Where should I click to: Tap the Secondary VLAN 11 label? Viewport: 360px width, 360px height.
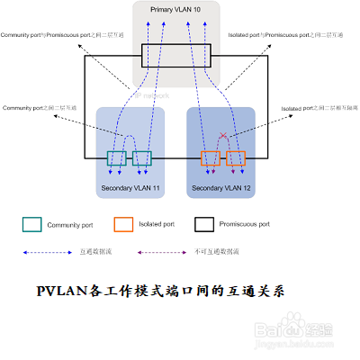click(x=131, y=188)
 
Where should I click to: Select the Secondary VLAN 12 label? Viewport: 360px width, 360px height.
click(x=221, y=188)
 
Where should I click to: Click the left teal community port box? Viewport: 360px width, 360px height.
click(x=116, y=158)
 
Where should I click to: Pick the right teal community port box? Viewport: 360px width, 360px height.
click(x=141, y=158)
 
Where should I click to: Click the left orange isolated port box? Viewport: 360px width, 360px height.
click(x=211, y=159)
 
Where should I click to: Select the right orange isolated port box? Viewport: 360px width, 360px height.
click(x=237, y=159)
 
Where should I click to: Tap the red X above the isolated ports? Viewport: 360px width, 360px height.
click(x=223, y=137)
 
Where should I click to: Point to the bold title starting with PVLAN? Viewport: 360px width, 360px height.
click(x=166, y=292)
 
